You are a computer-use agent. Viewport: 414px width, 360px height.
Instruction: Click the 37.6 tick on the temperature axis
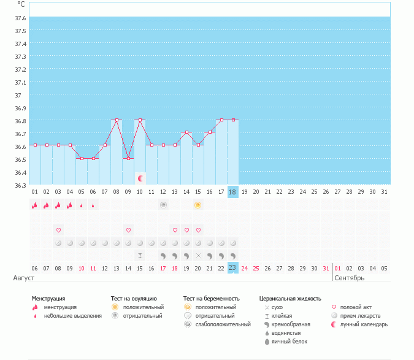pos(21,18)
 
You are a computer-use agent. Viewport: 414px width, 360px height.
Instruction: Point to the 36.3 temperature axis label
pos(21,185)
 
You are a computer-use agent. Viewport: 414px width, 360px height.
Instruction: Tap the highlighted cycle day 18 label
pos(232,192)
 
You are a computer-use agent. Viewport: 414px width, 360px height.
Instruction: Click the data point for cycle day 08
pos(117,120)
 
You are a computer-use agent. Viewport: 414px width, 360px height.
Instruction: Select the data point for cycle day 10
pos(140,120)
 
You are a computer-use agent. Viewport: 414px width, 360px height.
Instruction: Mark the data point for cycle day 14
pos(186,132)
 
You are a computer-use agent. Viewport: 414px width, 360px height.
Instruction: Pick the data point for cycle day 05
pos(82,158)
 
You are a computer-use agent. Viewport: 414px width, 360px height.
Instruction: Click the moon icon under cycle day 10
pos(140,178)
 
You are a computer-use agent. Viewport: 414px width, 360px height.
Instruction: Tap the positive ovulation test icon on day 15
pos(198,205)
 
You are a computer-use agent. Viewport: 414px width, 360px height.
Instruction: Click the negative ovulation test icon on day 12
pos(163,205)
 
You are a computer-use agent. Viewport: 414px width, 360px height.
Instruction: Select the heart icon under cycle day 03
pos(58,230)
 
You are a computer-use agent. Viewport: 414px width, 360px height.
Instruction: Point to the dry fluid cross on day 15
pos(198,255)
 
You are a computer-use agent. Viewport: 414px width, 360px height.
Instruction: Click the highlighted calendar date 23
pos(232,268)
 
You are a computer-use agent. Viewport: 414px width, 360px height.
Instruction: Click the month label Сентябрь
pos(350,278)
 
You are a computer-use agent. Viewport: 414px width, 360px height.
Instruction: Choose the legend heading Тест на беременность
pos(211,299)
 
